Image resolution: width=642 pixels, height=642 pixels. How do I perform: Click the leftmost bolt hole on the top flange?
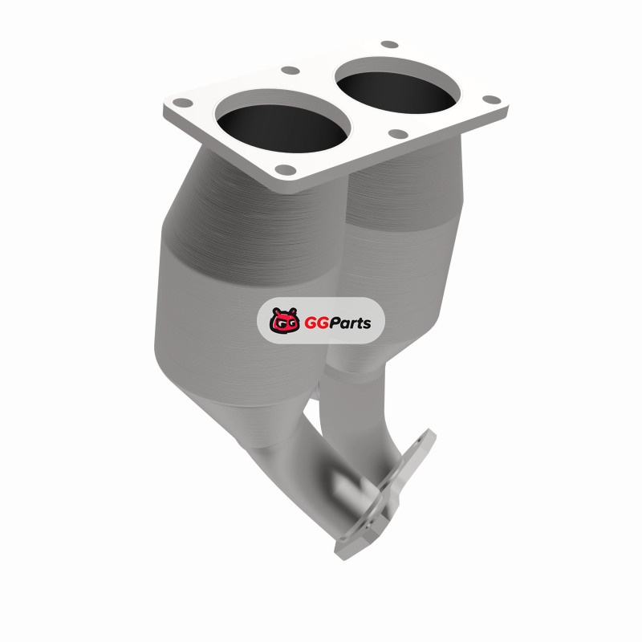click(x=182, y=103)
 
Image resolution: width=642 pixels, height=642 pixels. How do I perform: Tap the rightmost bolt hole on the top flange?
click(x=491, y=100)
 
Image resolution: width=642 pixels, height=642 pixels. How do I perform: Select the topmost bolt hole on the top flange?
click(x=389, y=44)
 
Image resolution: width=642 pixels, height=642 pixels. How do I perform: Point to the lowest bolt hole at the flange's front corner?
click(x=286, y=169)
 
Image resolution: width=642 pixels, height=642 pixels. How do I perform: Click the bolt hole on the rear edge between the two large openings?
click(x=291, y=71)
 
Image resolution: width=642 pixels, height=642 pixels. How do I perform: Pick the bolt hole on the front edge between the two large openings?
click(x=397, y=133)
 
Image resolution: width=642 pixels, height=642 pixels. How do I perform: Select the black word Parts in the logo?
click(x=348, y=323)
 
